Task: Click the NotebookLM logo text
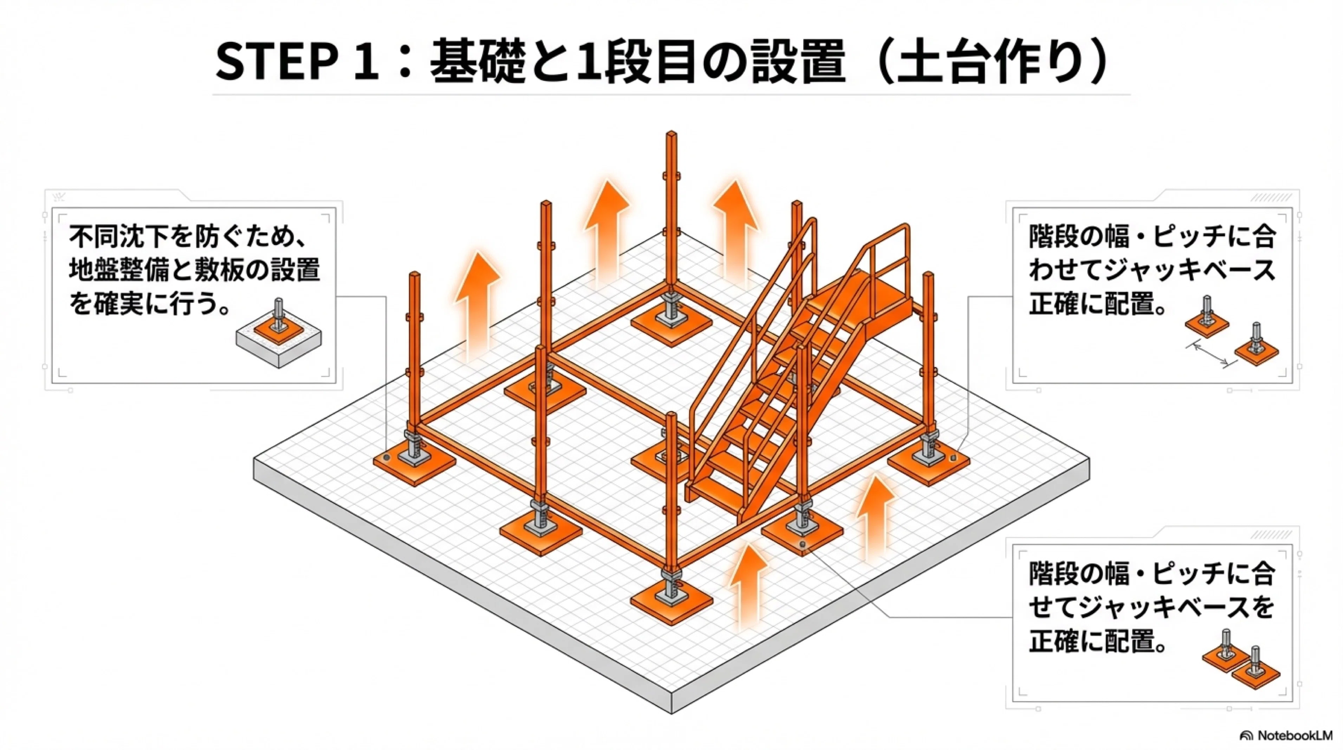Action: [x=1294, y=735]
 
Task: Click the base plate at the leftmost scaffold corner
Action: [x=415, y=464]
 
